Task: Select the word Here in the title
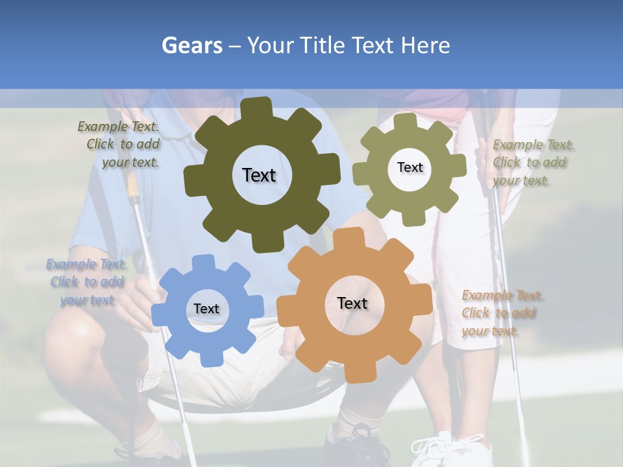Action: tap(425, 46)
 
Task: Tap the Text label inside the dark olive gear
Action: tap(259, 175)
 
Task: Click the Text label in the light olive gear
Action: tap(409, 167)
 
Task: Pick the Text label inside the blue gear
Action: tap(206, 309)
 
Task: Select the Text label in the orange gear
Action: tap(352, 303)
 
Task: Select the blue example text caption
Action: tap(87, 282)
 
